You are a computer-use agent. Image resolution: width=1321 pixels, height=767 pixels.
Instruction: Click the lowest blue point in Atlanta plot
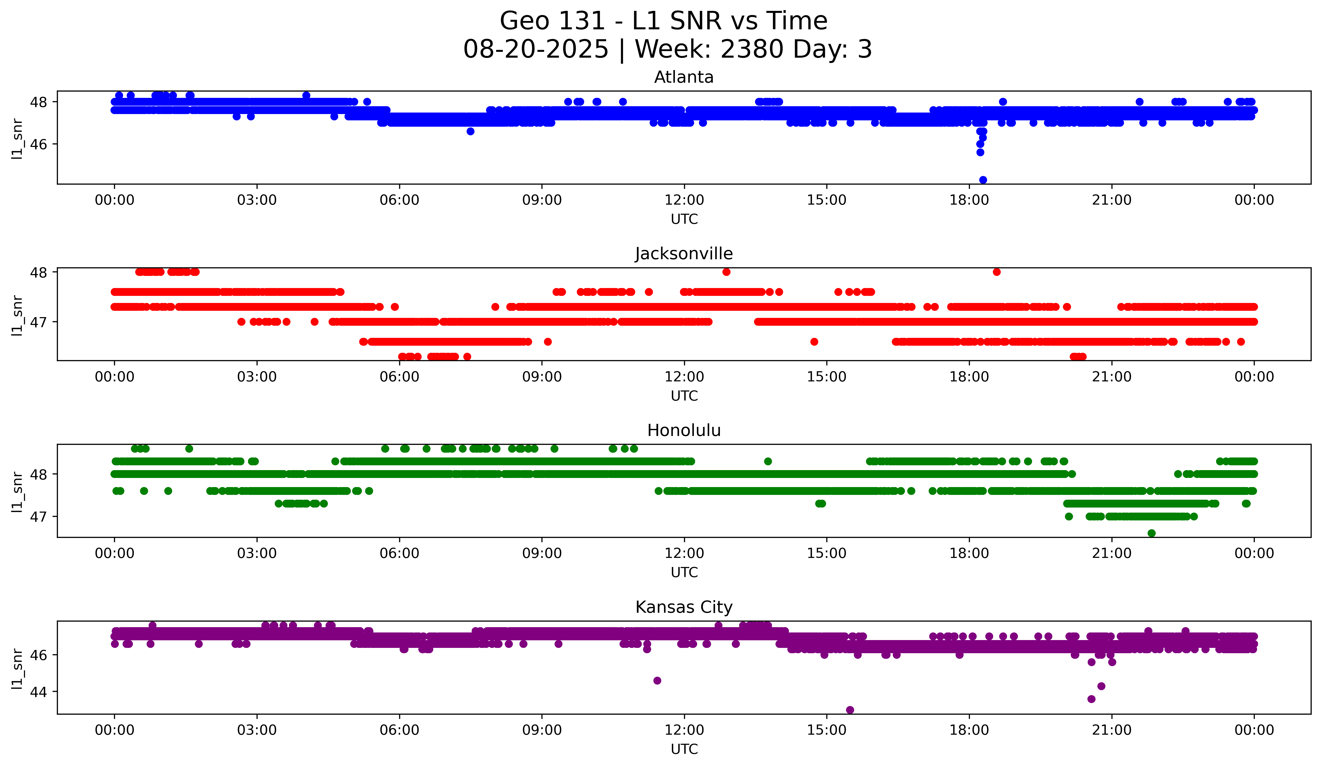click(x=983, y=180)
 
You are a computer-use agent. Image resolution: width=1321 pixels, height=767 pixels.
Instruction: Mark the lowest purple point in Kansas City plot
click(x=850, y=710)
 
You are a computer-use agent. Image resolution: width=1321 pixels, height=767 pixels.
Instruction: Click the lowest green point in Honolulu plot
click(x=1151, y=533)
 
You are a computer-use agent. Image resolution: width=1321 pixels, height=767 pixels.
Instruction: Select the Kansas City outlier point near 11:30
click(x=657, y=681)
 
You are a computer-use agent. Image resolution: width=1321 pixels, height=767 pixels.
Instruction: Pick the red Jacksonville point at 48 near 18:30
click(x=996, y=272)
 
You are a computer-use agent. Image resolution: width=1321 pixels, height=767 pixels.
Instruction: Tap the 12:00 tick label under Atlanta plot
click(x=684, y=200)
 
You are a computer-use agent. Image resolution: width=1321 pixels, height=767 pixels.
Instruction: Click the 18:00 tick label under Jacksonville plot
click(x=969, y=377)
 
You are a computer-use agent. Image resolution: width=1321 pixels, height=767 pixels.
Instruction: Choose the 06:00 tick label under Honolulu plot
click(x=399, y=553)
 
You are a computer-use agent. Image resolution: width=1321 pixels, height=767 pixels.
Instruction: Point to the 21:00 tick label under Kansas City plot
click(x=1111, y=730)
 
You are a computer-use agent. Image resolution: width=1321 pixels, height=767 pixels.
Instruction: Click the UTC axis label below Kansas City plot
click(x=684, y=749)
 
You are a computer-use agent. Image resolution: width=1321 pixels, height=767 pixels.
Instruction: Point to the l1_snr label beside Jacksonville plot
click(x=17, y=315)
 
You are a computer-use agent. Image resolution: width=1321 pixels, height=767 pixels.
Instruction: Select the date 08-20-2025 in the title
click(x=536, y=49)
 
